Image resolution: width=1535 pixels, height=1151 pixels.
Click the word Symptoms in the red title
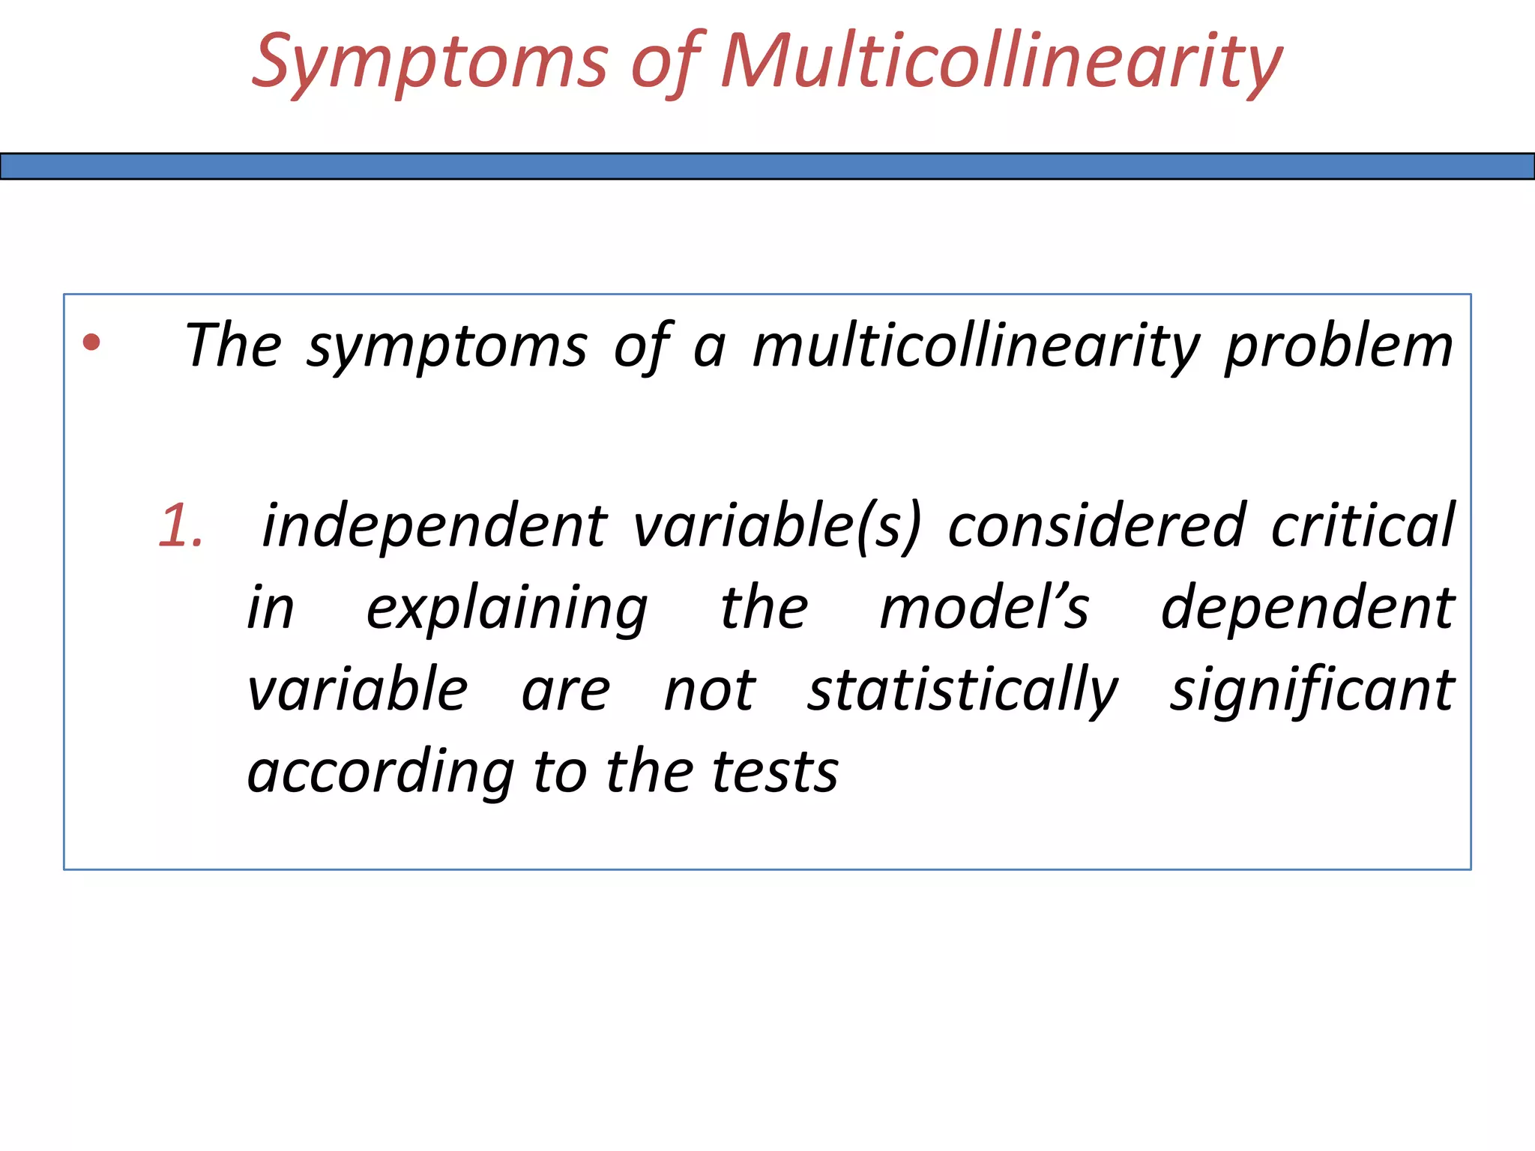tap(429, 61)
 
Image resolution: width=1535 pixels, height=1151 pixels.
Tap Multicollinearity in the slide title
tap(1001, 61)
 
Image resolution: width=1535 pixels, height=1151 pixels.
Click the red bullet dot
tap(91, 342)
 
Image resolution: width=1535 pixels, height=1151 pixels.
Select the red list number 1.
tap(181, 526)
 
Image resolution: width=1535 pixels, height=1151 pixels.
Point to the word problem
tap(1339, 346)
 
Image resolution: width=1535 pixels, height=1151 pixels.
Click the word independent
tap(435, 526)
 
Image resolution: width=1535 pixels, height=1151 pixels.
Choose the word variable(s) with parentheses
tap(776, 526)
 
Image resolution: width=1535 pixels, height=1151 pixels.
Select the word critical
tap(1363, 526)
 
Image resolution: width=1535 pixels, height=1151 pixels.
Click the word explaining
tap(507, 608)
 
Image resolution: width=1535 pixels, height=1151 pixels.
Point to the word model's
tap(984, 608)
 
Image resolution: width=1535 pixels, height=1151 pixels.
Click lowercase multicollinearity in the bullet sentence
tap(977, 346)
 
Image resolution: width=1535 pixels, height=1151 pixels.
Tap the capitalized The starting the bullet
tap(233, 346)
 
